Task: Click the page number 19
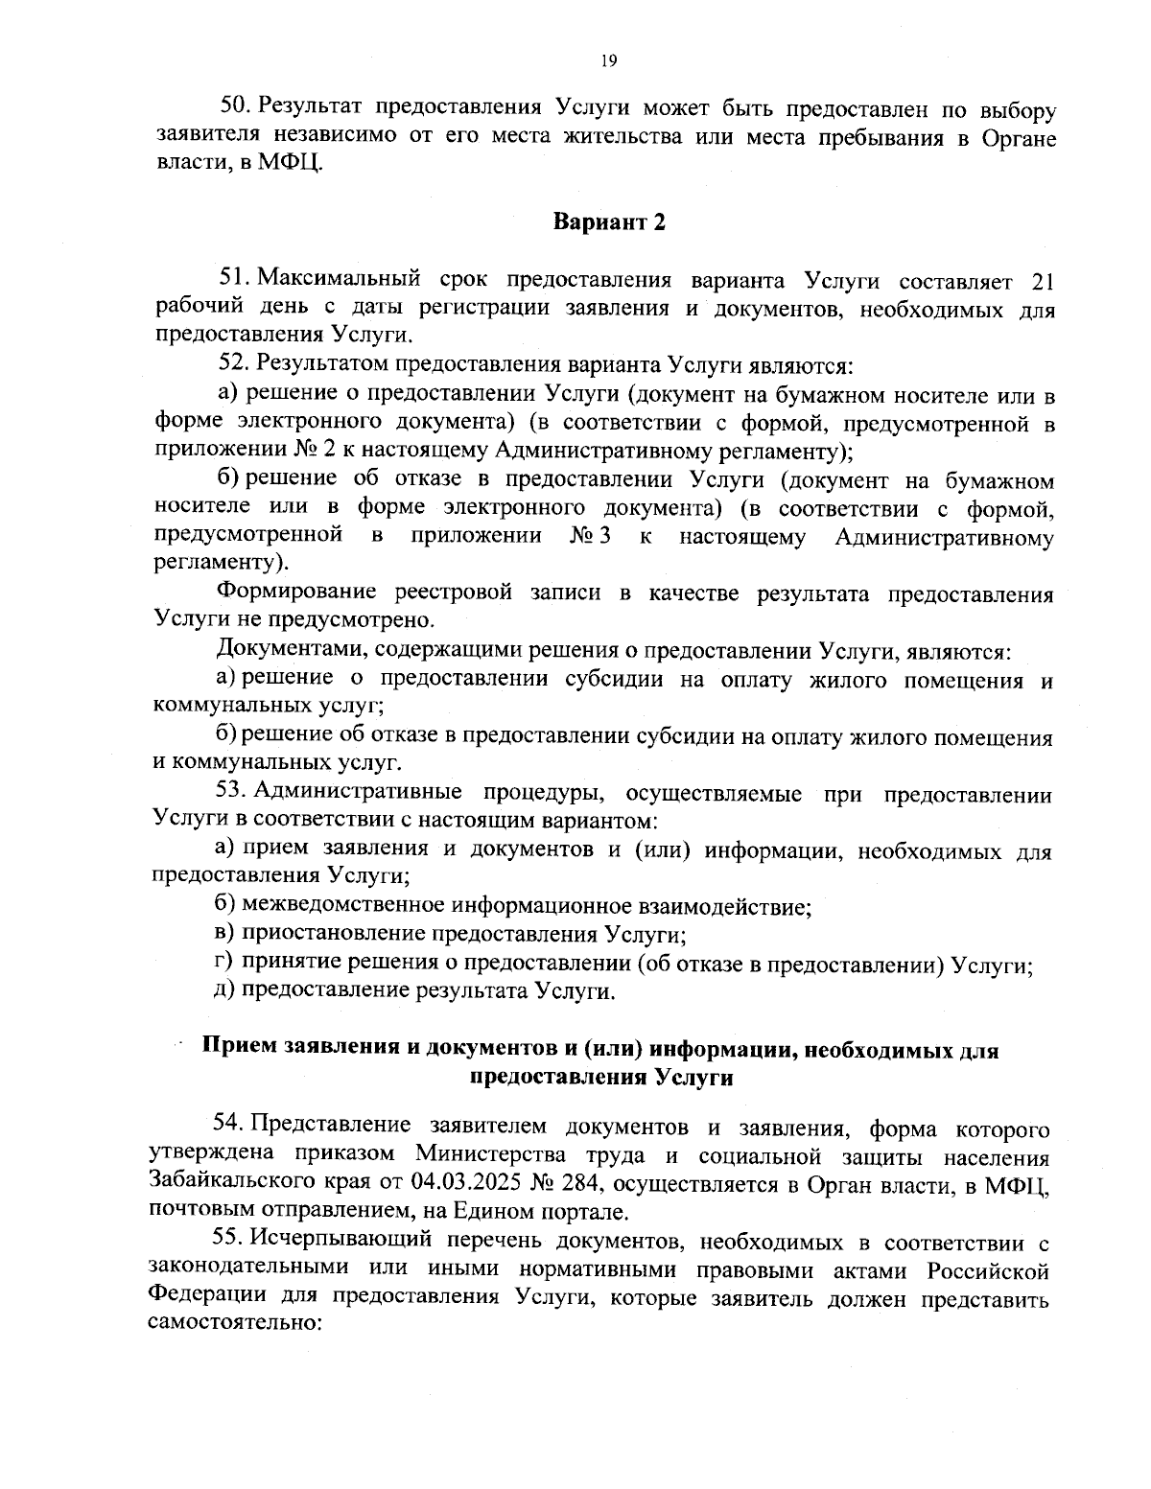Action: tap(608, 60)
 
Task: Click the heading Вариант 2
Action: tap(609, 223)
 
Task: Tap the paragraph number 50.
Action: tap(234, 106)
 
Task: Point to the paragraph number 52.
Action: tap(234, 364)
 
